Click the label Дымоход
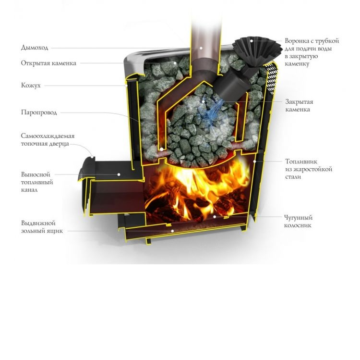35,48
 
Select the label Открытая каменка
48,63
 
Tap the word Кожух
31,85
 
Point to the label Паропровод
39,112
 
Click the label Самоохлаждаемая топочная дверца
48,140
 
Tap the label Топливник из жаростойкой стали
308,169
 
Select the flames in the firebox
202,187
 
